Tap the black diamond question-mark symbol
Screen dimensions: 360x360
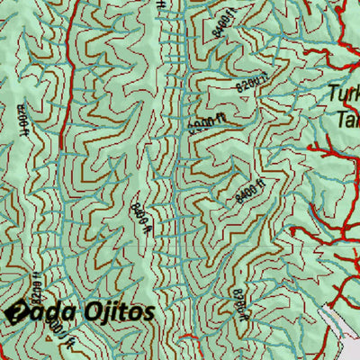[15, 312]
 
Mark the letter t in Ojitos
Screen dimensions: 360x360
[121, 312]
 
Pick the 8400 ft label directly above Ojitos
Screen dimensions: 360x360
[140, 213]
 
